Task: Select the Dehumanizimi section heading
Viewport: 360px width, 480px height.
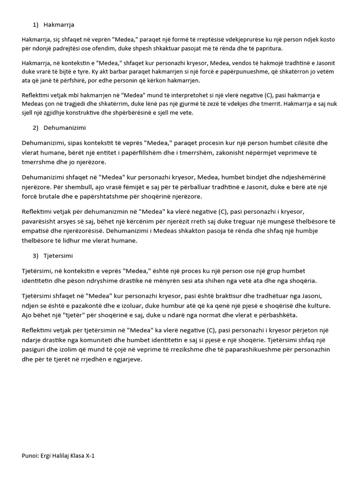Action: [x=65, y=127]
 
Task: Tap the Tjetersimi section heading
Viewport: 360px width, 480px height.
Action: [x=58, y=255]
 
